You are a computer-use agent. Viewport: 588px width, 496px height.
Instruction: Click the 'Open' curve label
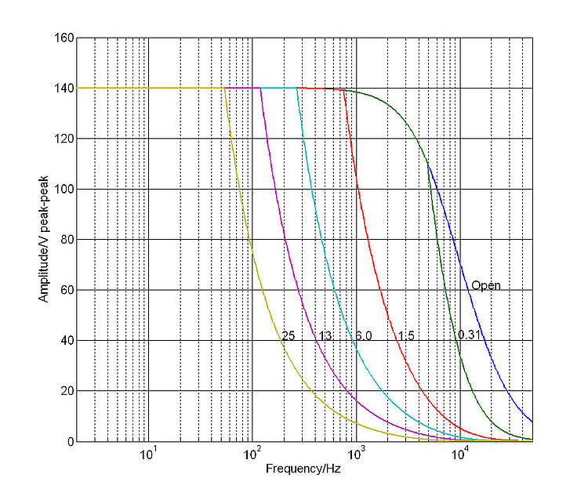click(x=485, y=285)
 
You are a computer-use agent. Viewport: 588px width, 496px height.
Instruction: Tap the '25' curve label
click(x=288, y=336)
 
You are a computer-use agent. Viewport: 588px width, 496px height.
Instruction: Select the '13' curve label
click(x=325, y=336)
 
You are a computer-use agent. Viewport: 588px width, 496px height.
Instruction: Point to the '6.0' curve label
click(x=363, y=336)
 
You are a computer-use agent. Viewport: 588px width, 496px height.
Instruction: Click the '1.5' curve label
click(x=405, y=336)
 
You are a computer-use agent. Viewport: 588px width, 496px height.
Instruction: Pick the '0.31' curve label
click(x=469, y=335)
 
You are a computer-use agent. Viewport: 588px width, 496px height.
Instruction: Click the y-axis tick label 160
click(x=64, y=38)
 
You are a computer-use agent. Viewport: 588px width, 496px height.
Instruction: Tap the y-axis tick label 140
click(x=64, y=89)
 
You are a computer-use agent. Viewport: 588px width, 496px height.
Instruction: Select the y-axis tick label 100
click(x=64, y=190)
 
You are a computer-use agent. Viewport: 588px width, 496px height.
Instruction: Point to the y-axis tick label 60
click(x=67, y=291)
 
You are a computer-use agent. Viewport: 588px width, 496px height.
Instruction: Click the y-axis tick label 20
click(x=67, y=392)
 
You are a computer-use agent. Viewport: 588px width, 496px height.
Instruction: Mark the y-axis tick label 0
click(x=70, y=442)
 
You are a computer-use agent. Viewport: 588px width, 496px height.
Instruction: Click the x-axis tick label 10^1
click(x=147, y=454)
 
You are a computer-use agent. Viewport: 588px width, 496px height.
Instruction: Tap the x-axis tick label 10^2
click(x=252, y=454)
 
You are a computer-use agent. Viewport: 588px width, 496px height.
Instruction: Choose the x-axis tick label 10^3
click(x=356, y=454)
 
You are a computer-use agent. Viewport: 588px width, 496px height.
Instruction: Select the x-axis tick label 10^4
click(x=460, y=454)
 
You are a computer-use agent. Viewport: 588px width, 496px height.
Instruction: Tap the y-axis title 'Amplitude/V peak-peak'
click(x=44, y=241)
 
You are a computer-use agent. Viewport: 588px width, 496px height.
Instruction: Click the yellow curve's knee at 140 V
click(x=224, y=89)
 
